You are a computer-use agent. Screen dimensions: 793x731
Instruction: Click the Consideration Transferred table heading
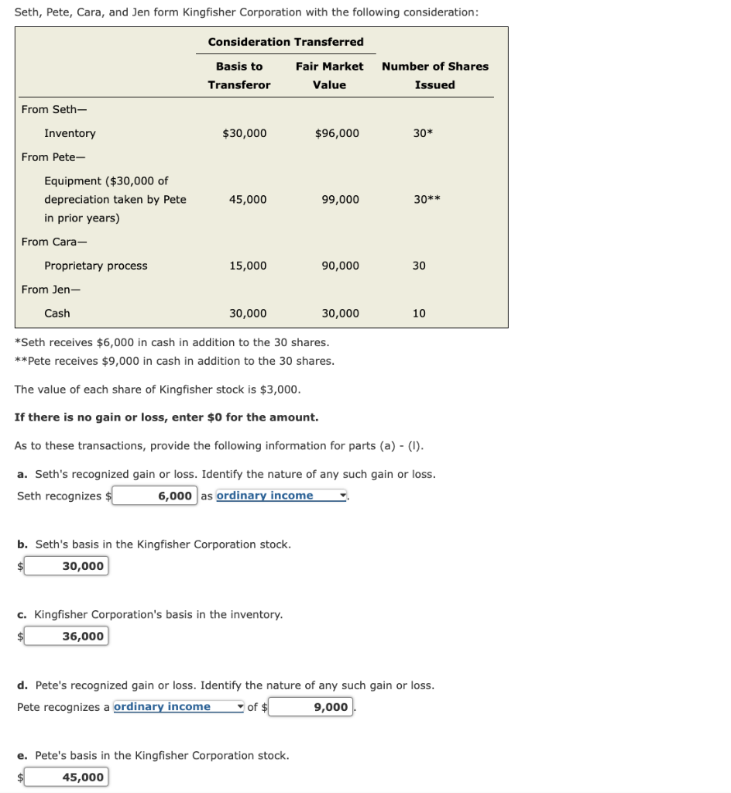[285, 42]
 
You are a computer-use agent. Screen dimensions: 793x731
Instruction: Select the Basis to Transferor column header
[239, 75]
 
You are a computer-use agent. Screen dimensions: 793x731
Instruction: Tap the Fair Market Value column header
[329, 75]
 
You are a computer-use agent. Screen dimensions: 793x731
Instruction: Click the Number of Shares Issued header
[434, 75]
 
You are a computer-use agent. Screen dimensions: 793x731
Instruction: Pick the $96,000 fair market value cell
[337, 133]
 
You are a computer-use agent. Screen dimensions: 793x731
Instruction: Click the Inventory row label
[70, 133]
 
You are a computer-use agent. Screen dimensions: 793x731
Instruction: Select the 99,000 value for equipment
[340, 199]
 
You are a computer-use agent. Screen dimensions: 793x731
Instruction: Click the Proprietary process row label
[95, 266]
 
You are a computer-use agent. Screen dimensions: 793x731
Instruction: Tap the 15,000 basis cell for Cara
[248, 266]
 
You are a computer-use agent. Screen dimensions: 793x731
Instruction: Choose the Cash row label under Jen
[57, 313]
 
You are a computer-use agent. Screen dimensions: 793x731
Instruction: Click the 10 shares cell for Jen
[419, 313]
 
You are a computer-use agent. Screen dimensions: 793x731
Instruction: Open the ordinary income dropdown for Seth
[281, 496]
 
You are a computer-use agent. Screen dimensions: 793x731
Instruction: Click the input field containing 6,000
[155, 496]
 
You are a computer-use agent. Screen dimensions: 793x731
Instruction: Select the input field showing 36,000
[66, 636]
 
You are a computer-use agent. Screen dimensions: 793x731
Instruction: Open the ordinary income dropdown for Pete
[178, 706]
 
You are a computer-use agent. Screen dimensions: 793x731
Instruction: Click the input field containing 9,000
[311, 706]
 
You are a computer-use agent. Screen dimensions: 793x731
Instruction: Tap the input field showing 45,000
[66, 777]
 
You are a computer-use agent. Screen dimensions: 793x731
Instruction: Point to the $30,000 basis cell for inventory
[244, 133]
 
